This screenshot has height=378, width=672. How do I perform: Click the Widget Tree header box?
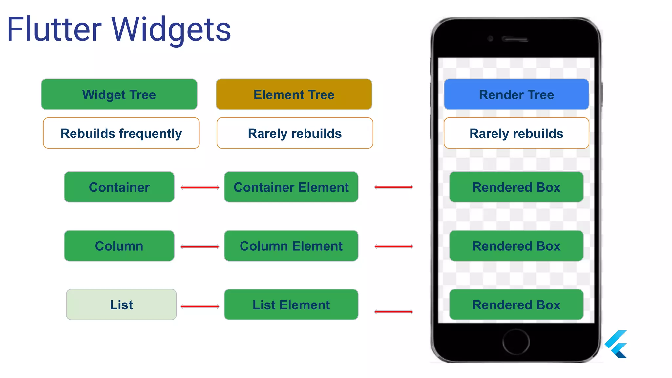tap(119, 94)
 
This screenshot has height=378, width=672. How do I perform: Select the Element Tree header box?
tap(294, 94)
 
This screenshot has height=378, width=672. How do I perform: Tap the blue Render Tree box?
tap(516, 94)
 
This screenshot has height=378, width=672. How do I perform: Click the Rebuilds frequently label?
tap(121, 133)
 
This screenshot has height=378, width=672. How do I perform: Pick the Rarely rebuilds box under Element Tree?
tap(295, 133)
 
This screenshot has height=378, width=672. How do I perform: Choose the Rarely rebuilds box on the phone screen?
tap(516, 133)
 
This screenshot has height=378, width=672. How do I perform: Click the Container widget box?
tap(119, 187)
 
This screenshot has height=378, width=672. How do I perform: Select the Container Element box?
tap(291, 187)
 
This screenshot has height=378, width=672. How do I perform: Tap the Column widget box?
tap(119, 246)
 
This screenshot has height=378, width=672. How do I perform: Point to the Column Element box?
tap(291, 246)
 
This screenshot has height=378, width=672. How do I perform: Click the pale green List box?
tap(121, 304)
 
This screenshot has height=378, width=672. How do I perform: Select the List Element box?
tap(291, 304)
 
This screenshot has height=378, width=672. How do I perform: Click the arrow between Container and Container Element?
tap(199, 187)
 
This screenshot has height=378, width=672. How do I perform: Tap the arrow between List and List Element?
tap(199, 306)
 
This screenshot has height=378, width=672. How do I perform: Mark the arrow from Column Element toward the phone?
tap(393, 246)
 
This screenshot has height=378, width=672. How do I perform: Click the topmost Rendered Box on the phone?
tap(516, 187)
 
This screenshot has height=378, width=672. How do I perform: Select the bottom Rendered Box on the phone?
tap(516, 304)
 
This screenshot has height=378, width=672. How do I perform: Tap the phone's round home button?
tap(516, 342)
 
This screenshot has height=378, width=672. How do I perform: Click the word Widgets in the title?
tap(171, 30)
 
